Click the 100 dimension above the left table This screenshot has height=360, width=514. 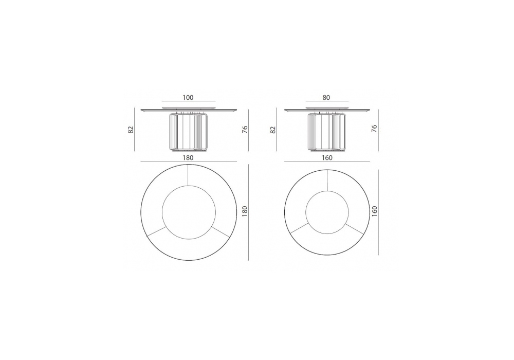pyautogui.click(x=188, y=97)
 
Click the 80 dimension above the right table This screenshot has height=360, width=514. pyautogui.click(x=326, y=97)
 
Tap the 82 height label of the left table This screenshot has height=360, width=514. pyautogui.click(x=131, y=130)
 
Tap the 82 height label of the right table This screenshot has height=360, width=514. pyautogui.click(x=273, y=130)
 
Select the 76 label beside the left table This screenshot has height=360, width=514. pyautogui.click(x=245, y=129)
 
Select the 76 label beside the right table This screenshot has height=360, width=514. pyautogui.click(x=374, y=129)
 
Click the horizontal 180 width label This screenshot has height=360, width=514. pyautogui.click(x=188, y=158)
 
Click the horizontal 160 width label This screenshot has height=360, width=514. pyautogui.click(x=327, y=158)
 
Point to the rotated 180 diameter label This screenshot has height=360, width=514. pyautogui.click(x=244, y=211)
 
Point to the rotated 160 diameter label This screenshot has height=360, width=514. pyautogui.click(x=375, y=211)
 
